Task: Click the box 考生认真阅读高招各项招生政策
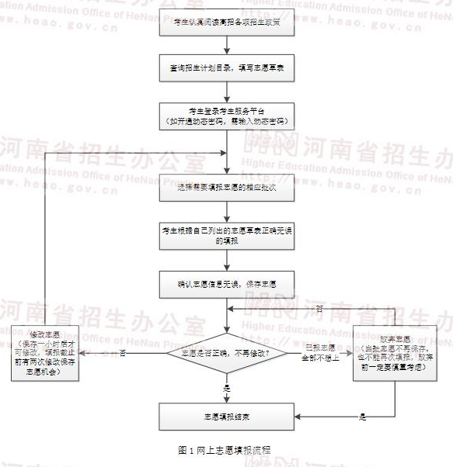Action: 226,24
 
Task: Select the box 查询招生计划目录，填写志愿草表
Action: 226,67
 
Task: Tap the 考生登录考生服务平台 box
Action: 226,115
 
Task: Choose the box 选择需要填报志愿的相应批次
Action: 226,187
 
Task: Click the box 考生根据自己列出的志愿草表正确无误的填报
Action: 226,236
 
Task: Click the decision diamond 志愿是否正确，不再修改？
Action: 226,353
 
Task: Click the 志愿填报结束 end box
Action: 226,417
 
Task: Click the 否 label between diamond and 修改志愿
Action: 124,353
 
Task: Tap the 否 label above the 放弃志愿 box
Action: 319,310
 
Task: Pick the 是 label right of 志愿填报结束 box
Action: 362,417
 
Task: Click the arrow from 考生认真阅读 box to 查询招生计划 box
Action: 226,46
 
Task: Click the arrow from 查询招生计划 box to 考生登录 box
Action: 226,91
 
